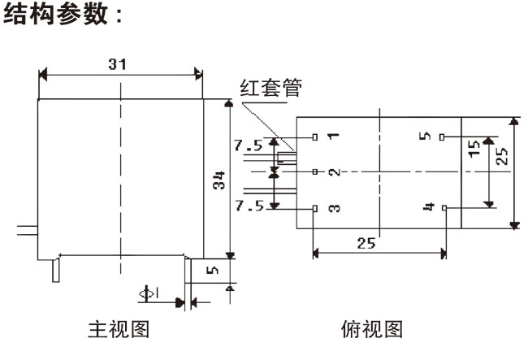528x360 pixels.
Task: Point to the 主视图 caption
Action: point(118,330)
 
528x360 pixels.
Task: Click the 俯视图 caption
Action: point(373,330)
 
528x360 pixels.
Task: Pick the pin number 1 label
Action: point(333,136)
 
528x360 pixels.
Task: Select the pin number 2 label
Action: point(333,172)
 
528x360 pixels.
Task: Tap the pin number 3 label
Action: point(334,209)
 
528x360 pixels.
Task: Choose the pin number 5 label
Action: point(426,136)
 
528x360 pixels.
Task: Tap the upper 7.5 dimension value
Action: point(248,146)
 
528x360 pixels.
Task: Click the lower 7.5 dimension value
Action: point(248,206)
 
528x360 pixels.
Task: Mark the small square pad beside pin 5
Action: point(442,137)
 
